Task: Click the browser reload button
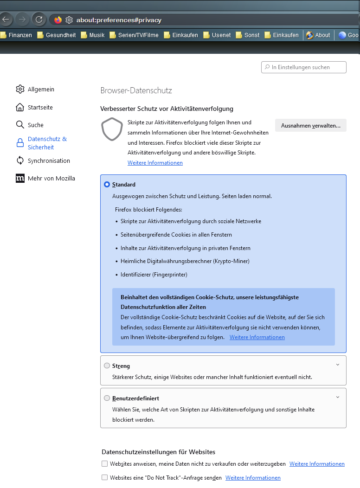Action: [39, 19]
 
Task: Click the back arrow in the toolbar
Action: [6, 19]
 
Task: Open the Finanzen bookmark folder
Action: [16, 35]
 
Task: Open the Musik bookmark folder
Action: [93, 35]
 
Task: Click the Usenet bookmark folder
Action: [217, 35]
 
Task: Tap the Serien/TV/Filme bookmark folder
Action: [134, 35]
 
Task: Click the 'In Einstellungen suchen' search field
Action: [304, 67]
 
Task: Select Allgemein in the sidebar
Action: [35, 89]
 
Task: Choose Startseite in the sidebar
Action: [34, 107]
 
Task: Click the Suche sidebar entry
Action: [30, 125]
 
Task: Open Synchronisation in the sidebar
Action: [43, 161]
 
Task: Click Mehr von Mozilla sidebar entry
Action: [45, 178]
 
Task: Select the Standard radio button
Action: [107, 184]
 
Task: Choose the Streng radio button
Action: [107, 366]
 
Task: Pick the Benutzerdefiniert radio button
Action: [107, 398]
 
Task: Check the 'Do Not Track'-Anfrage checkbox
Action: [104, 477]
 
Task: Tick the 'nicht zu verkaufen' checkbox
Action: [104, 463]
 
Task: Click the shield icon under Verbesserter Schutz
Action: [112, 129]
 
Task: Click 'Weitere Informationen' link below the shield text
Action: [155, 163]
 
